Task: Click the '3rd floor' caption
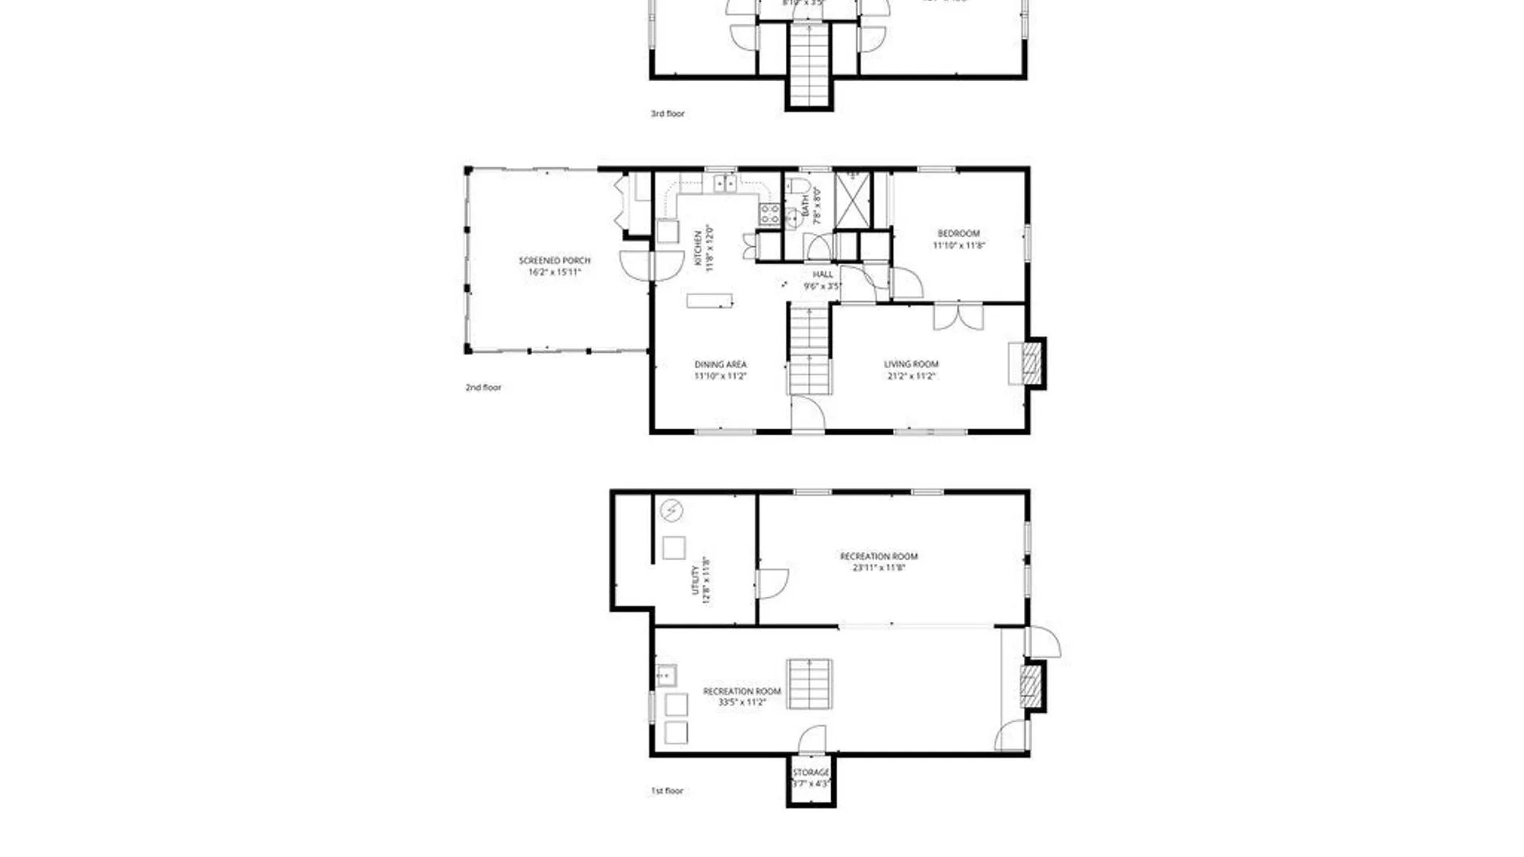[668, 114]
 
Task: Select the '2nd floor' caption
[483, 388]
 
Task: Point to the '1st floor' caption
[667, 791]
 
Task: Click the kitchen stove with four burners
[769, 213]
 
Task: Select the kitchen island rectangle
[709, 301]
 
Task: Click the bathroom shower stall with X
[853, 199]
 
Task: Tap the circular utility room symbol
[672, 510]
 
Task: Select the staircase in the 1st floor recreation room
[810, 684]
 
